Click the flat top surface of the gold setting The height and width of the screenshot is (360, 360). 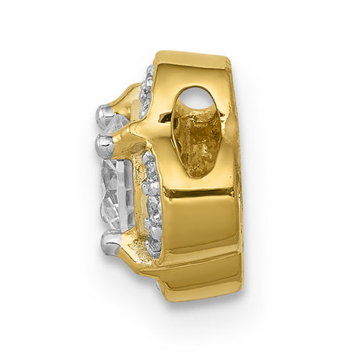[x=188, y=61]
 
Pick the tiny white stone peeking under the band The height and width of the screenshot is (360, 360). [x=161, y=288]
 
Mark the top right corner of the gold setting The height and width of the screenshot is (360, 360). [x=229, y=64]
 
